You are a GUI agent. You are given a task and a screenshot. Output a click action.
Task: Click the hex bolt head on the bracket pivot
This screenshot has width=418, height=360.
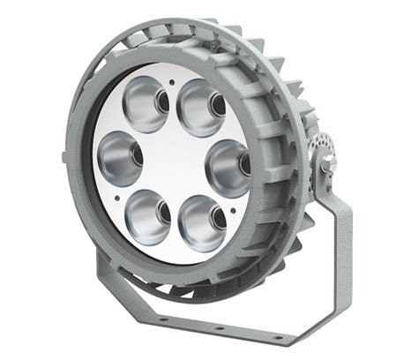[328, 162]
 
